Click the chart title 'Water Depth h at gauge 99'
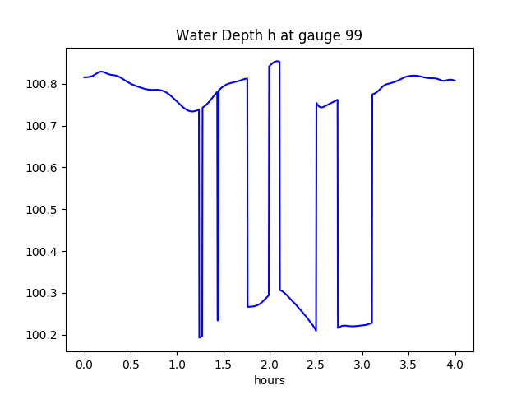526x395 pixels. pos(270,36)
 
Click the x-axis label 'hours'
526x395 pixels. pos(270,381)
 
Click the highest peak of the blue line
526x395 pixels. pos(277,61)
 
